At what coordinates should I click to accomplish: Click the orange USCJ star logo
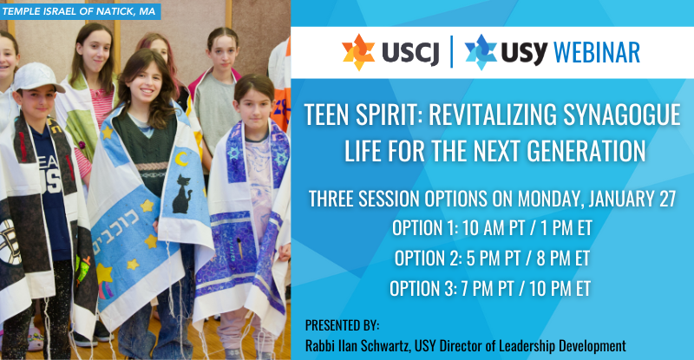pyautogui.click(x=358, y=52)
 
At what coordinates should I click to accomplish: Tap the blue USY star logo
pyautogui.click(x=481, y=52)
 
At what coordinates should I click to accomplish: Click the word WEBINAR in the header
pyautogui.click(x=597, y=53)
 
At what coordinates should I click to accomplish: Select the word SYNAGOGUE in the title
pyautogui.click(x=621, y=115)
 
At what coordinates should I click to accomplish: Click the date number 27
pyautogui.click(x=667, y=199)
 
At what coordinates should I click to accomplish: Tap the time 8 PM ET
pyautogui.click(x=563, y=259)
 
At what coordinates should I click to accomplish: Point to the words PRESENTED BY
pyautogui.click(x=342, y=325)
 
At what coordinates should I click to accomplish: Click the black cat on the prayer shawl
pyautogui.click(x=181, y=194)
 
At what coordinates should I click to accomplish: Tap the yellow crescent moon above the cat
pyautogui.click(x=181, y=159)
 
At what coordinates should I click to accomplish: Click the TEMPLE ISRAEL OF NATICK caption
pyautogui.click(x=80, y=11)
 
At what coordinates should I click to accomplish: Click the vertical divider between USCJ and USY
pyautogui.click(x=451, y=52)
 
